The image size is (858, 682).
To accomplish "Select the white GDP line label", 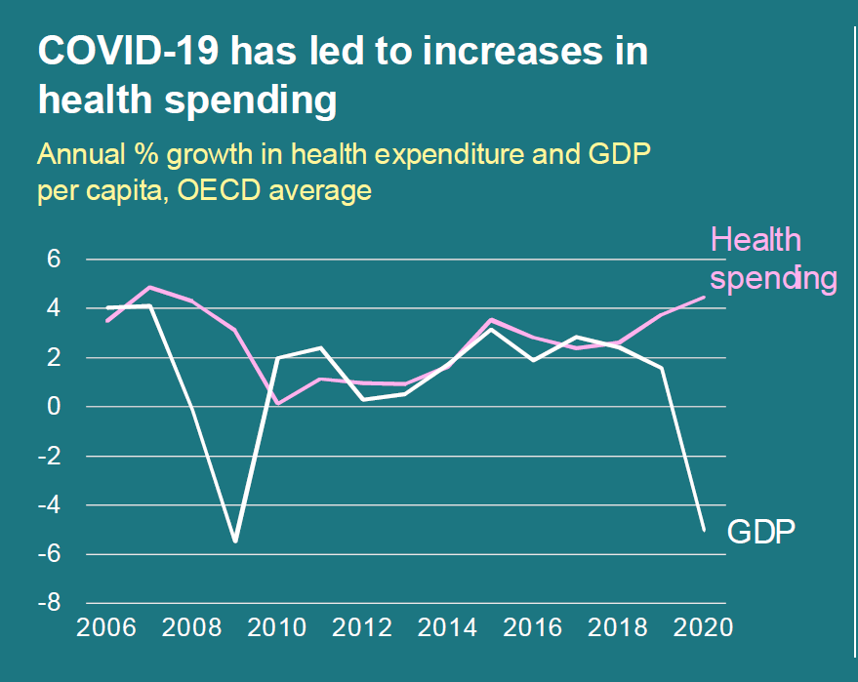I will (762, 532).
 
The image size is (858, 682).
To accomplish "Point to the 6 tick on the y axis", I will (54, 260).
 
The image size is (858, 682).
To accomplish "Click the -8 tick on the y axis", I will (49, 603).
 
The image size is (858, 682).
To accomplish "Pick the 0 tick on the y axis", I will (54, 407).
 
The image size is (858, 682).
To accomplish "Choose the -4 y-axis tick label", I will (49, 505).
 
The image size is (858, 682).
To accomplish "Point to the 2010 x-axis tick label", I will (277, 627).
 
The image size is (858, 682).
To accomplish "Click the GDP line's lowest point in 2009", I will (235, 541).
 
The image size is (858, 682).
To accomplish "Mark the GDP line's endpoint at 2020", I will (704, 530).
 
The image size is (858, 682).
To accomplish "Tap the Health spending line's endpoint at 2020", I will (704, 298).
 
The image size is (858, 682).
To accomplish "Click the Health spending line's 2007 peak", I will (150, 288).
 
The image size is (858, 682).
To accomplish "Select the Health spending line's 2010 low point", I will (277, 403).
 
